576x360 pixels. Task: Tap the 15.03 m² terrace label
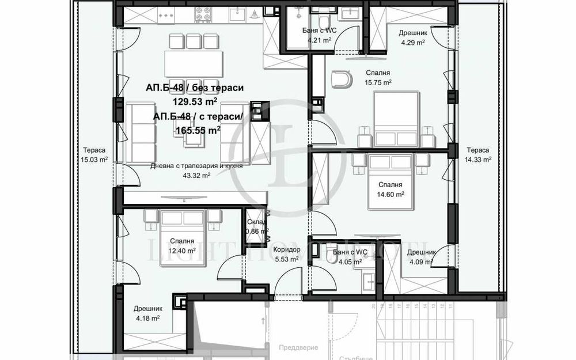pyautogui.click(x=95, y=155)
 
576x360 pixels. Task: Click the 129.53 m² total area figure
pyautogui.click(x=195, y=102)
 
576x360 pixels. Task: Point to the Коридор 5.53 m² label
pyautogui.click(x=286, y=254)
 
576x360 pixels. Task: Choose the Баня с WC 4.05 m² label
pyautogui.click(x=350, y=257)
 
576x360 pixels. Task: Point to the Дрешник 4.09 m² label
pyautogui.click(x=420, y=257)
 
